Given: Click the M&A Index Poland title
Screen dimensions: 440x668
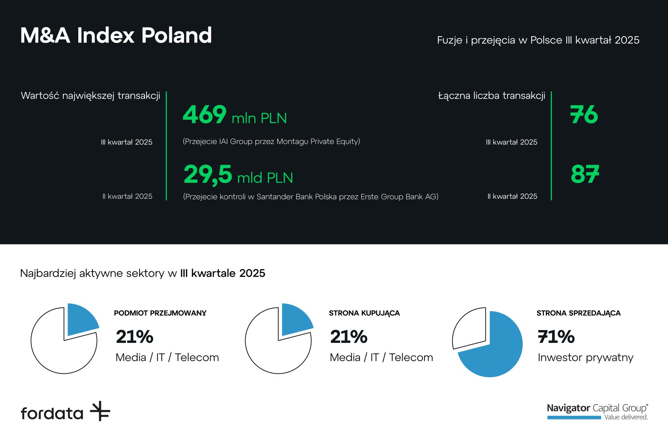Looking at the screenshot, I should (x=116, y=35).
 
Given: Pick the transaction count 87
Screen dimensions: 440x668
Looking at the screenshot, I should (x=585, y=174).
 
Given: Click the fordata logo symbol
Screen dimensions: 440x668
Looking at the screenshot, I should (x=100, y=411).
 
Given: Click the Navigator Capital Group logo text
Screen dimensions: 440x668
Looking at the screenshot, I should (x=597, y=408).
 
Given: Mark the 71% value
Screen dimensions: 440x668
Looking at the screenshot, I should (x=556, y=337).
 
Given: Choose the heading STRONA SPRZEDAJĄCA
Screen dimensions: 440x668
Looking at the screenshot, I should (x=578, y=313).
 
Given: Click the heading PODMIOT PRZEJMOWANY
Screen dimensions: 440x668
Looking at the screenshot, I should (x=160, y=313).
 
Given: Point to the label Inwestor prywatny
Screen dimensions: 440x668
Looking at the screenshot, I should (x=585, y=357).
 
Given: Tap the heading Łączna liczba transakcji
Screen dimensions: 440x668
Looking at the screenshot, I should (x=491, y=96).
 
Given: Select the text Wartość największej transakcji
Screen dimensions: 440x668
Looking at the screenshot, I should (x=90, y=96).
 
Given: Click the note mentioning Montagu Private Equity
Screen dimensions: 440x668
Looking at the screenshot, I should (x=271, y=141).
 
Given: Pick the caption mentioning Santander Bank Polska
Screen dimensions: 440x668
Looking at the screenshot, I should (x=310, y=197).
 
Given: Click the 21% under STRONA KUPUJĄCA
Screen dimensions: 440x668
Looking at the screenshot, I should (x=349, y=337).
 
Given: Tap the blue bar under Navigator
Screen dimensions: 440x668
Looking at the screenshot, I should (x=574, y=417).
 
